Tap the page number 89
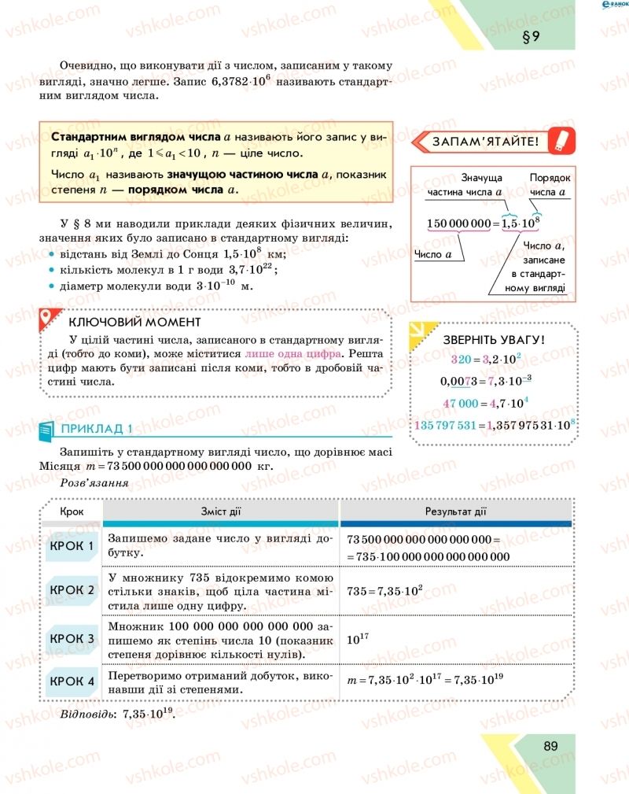click(x=550, y=746)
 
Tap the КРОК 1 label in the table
click(x=72, y=546)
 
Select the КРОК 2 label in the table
click(x=72, y=589)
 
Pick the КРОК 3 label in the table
click(x=72, y=638)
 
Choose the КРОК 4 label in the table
click(x=72, y=681)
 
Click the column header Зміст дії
click(x=220, y=512)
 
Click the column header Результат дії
click(x=456, y=512)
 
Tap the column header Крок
click(x=72, y=512)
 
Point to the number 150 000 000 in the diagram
click(x=458, y=223)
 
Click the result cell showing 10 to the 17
click(x=359, y=639)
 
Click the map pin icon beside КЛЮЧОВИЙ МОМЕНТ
click(x=49, y=319)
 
